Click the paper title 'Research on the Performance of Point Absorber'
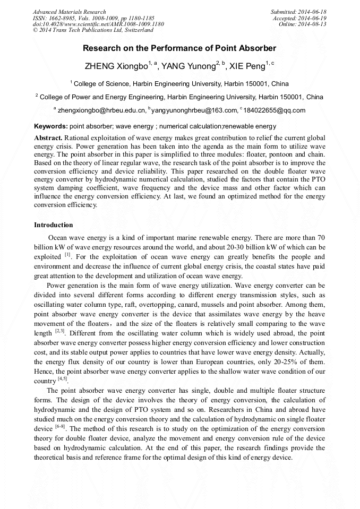click(x=179, y=48)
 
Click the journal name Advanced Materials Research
click(x=69, y=12)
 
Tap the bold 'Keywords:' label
click(x=51, y=126)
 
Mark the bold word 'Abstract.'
click(x=48, y=137)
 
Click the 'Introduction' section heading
click(x=54, y=225)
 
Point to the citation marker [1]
click(x=67, y=255)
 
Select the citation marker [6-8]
click(x=61, y=428)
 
